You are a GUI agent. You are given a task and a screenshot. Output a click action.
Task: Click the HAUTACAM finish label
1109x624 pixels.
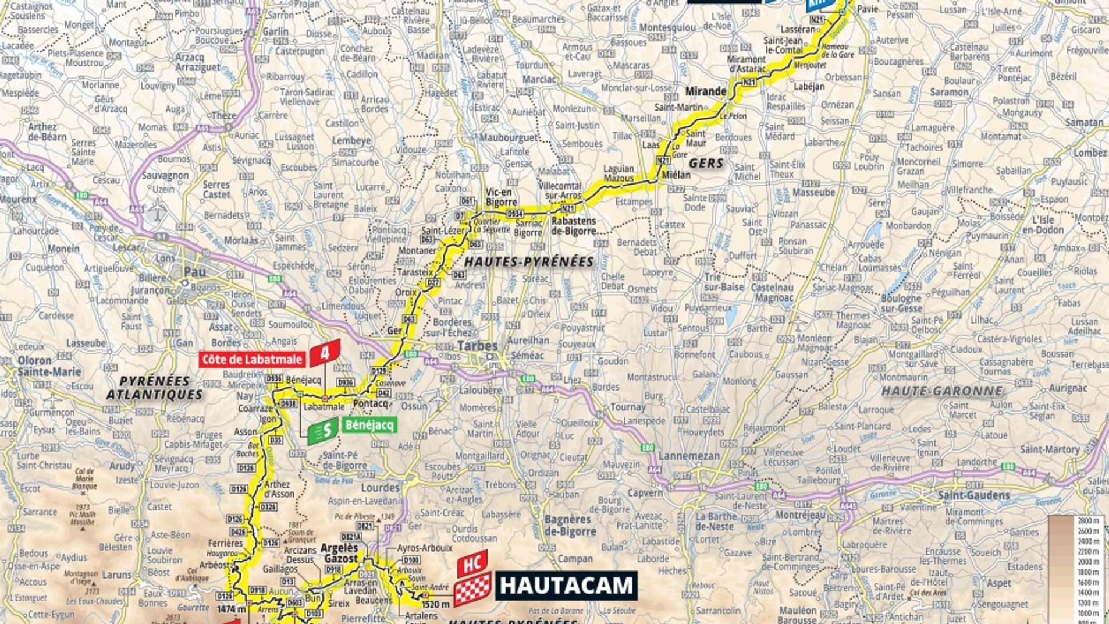click(x=566, y=586)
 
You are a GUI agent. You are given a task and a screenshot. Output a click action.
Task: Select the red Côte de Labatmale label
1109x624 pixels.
click(x=253, y=359)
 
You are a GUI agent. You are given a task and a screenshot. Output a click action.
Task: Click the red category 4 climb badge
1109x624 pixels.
click(x=324, y=353)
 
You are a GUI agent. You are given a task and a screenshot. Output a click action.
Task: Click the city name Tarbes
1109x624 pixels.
click(x=477, y=346)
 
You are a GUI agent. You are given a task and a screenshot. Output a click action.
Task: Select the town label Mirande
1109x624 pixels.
click(x=705, y=91)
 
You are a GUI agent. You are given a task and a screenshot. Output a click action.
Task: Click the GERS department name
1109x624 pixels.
click(x=706, y=164)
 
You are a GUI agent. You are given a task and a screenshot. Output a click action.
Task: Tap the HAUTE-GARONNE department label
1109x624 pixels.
click(x=942, y=391)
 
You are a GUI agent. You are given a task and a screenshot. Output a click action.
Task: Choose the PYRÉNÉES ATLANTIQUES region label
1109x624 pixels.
click(x=155, y=388)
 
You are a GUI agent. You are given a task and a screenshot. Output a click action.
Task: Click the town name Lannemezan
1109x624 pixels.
click(x=689, y=456)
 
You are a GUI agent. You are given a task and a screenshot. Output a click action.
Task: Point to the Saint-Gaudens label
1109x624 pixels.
click(x=973, y=495)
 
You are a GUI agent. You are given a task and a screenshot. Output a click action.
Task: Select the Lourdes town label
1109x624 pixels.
click(x=380, y=487)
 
